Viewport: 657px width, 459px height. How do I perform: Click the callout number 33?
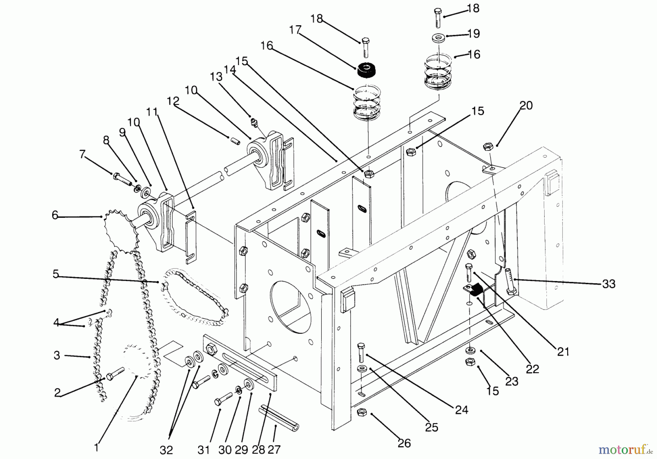[x=608, y=284]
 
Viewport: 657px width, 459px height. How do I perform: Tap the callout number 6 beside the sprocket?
[x=55, y=215]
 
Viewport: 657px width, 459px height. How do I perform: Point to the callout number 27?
[x=275, y=449]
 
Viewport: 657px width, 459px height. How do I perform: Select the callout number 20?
[x=526, y=106]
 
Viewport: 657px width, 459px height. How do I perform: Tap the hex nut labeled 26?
[x=362, y=412]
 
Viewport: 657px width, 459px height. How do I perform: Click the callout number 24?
[x=461, y=410]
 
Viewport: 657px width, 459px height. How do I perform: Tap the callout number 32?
[x=166, y=449]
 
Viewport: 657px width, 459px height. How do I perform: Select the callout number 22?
[x=532, y=369]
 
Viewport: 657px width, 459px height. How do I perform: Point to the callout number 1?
[x=96, y=448]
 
